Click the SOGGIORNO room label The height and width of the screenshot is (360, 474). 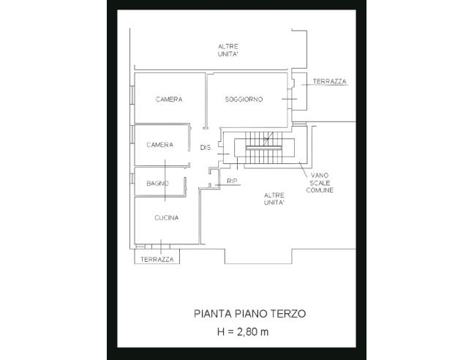click(x=244, y=99)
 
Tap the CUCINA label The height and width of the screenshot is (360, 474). click(x=167, y=217)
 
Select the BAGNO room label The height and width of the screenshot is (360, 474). click(x=157, y=183)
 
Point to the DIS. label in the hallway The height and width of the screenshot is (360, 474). click(x=206, y=148)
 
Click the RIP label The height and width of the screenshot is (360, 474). click(x=232, y=181)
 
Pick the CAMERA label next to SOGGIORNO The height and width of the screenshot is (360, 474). click(x=169, y=99)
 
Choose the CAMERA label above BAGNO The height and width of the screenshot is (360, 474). click(x=160, y=145)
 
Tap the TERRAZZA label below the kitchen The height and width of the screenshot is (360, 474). click(x=157, y=259)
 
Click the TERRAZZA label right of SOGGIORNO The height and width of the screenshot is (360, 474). click(x=329, y=81)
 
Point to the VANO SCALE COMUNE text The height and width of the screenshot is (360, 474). click(x=320, y=183)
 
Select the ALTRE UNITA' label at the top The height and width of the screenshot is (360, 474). click(x=228, y=50)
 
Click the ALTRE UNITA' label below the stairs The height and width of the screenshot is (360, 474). click(x=274, y=198)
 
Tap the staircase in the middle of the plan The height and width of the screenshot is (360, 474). click(x=264, y=147)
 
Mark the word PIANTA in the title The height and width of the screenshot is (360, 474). click(x=213, y=313)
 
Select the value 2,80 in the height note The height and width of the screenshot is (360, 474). click(x=247, y=332)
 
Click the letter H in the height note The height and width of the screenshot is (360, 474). click(x=221, y=332)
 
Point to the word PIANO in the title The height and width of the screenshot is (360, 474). click(x=251, y=313)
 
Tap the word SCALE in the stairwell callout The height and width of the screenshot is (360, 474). click(x=320, y=183)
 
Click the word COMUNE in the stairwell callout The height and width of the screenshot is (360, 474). click(x=320, y=190)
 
